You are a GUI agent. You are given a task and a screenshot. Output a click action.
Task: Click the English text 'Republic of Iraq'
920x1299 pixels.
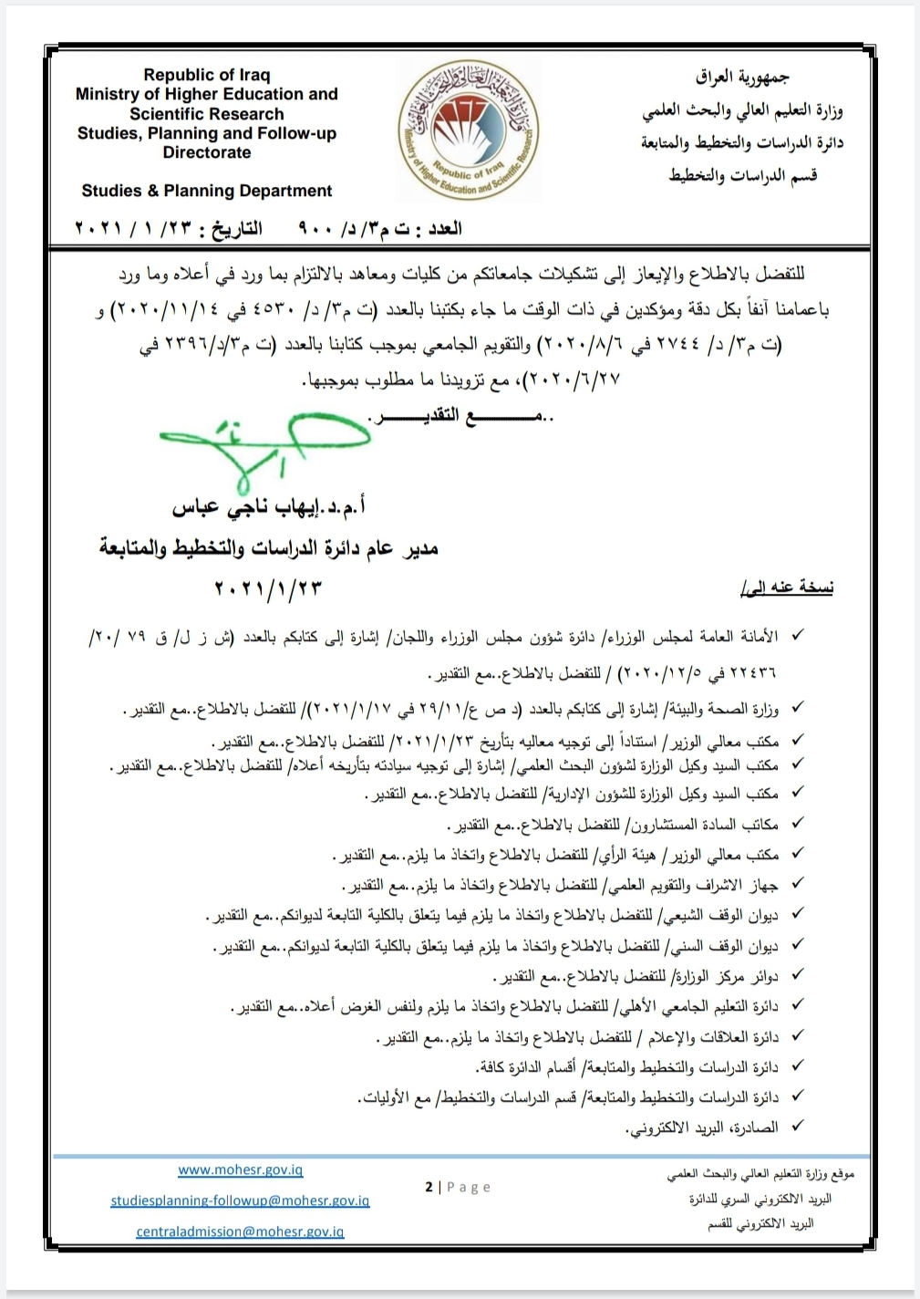[207, 75]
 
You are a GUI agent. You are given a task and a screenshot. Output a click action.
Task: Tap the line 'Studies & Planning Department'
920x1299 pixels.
[207, 191]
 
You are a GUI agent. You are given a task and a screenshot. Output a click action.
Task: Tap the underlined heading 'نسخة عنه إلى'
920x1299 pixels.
[787, 588]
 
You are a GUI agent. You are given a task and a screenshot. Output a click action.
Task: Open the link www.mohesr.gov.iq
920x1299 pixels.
[240, 1169]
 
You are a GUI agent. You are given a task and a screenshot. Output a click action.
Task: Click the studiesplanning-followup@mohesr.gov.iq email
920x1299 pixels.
[240, 1200]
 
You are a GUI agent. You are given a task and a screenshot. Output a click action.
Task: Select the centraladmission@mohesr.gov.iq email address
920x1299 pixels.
[240, 1231]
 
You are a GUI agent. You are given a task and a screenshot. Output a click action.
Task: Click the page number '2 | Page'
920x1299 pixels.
[458, 1187]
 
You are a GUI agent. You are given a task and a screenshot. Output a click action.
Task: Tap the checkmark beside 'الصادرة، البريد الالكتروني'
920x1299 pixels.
[798, 1127]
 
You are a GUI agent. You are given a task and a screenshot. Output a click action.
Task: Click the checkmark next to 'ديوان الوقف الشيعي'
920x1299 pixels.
[798, 913]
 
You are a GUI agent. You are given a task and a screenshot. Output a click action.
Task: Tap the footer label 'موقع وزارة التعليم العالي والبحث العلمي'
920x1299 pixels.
[760, 1175]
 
